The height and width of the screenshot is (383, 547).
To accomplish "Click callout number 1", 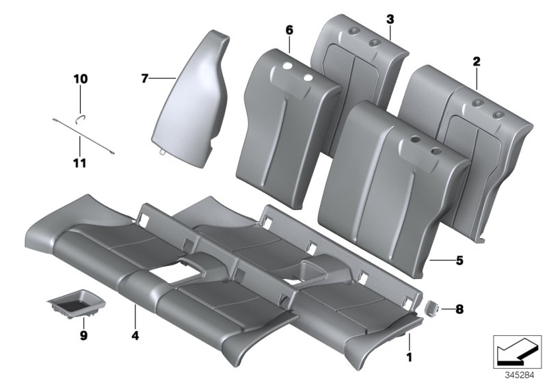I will [x=409, y=356].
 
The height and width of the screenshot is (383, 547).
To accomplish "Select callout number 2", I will [x=477, y=62].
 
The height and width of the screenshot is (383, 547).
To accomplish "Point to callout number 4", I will [x=135, y=336].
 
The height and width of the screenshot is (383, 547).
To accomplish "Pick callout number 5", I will [x=459, y=260].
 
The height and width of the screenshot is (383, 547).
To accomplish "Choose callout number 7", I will [x=144, y=79].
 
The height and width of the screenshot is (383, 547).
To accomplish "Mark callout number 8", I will [x=459, y=309].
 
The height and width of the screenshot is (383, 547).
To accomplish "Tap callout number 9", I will [x=83, y=336].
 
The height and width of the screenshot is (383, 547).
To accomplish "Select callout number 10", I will [x=81, y=79].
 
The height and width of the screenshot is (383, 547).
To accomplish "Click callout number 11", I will [x=81, y=163].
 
